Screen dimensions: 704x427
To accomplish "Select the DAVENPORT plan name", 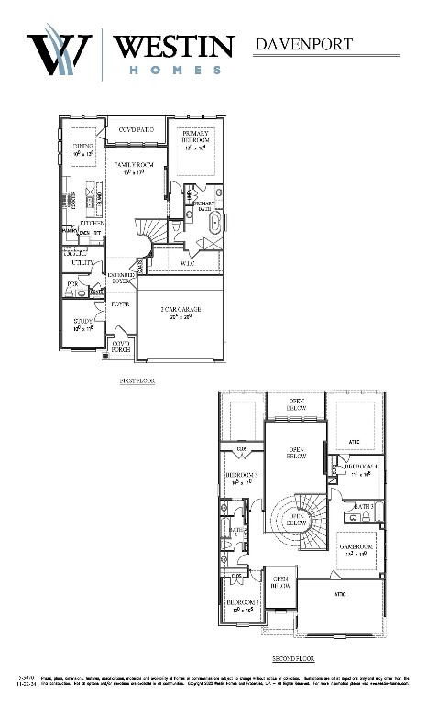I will click(x=302, y=43).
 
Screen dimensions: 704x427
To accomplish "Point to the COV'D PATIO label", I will click(x=136, y=130).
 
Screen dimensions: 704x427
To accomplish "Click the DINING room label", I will click(x=83, y=146).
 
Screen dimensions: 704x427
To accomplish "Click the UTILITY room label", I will click(x=82, y=263).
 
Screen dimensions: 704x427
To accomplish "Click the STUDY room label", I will click(x=82, y=321).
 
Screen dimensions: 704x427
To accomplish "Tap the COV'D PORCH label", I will click(x=121, y=346).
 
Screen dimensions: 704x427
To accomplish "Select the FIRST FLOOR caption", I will click(x=137, y=379).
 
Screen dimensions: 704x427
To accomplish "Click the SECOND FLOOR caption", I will click(x=294, y=658).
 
